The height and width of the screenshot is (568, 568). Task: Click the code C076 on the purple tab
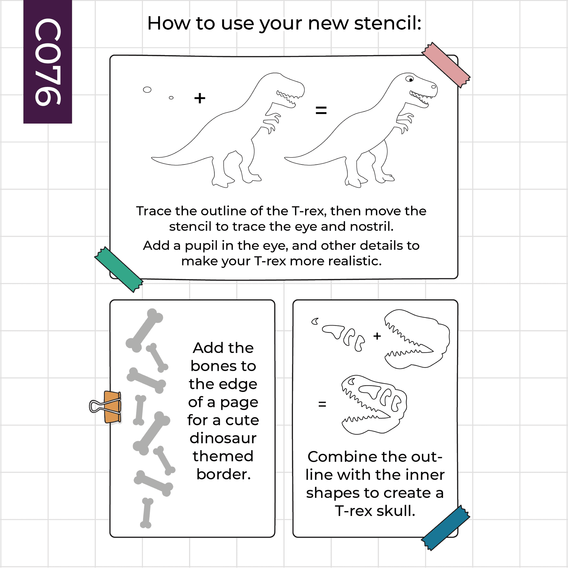coord(48,62)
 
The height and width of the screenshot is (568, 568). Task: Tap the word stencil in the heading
coord(388,23)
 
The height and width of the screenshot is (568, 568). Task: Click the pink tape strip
coord(446,65)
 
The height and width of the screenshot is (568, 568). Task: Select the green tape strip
coord(119,269)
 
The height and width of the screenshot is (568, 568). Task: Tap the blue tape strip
coord(445,528)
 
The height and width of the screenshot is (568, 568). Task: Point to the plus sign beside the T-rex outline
coord(200,98)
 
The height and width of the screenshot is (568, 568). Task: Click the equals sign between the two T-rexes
coord(321,110)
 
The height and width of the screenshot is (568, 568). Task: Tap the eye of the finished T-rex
coord(410,79)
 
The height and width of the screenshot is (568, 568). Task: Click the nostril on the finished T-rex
coord(434,87)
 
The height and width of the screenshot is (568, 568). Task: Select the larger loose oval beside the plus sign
coord(147,90)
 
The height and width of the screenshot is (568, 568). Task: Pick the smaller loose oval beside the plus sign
coord(171,98)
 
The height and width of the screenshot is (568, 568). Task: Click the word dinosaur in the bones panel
coord(223,438)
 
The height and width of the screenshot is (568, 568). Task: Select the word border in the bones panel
coord(224,474)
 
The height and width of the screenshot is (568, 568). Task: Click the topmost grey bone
coord(144,331)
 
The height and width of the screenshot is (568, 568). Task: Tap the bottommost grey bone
coord(147,513)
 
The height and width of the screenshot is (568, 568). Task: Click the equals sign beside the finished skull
coord(322,404)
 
